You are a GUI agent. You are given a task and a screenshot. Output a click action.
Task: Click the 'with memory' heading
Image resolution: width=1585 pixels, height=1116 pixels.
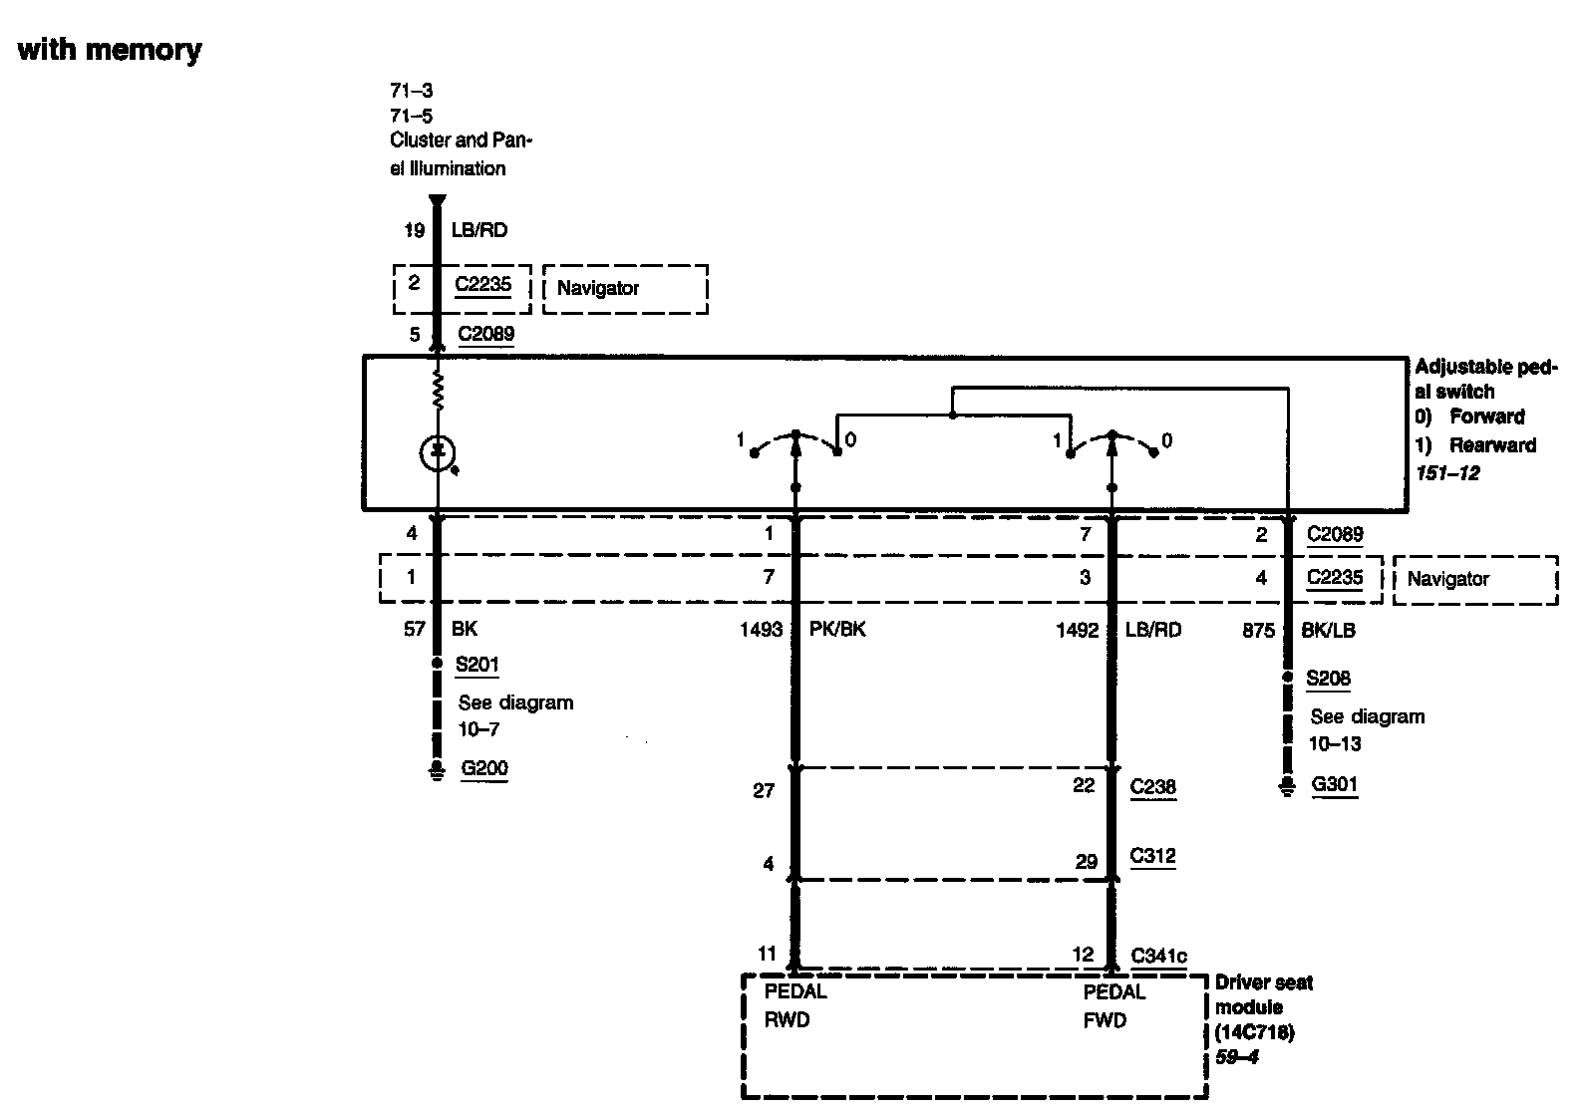point(110,50)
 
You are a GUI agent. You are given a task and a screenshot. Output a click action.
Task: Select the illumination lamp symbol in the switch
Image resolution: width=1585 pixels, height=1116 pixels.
point(437,453)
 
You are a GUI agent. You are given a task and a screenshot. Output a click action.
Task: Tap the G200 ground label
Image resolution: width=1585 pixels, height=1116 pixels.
point(483,768)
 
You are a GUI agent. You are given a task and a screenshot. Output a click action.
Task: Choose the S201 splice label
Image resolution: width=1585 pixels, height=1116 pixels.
point(476,665)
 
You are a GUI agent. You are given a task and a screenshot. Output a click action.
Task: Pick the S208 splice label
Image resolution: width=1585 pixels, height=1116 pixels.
point(1328,679)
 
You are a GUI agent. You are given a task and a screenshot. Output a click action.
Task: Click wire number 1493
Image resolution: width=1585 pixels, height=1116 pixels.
point(761,630)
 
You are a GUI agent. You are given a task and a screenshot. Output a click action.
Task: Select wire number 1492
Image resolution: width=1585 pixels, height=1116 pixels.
point(1077,630)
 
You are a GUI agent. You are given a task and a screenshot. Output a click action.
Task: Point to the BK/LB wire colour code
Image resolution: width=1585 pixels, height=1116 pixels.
point(1328,630)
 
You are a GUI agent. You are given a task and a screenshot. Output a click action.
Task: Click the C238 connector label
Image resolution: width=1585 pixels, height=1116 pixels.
point(1152,786)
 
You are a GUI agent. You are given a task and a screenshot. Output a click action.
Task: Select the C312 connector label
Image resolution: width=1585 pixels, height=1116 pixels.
point(1152,856)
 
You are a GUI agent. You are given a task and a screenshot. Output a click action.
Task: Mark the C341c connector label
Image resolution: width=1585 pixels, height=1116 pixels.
point(1158,956)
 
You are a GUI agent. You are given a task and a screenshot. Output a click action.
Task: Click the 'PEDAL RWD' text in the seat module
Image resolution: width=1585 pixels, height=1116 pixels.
point(794,1005)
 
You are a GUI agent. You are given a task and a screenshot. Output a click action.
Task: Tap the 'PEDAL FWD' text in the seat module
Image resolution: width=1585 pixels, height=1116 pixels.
point(1113,1005)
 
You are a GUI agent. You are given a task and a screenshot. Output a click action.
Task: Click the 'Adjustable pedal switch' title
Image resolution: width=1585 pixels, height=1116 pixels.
point(1484,380)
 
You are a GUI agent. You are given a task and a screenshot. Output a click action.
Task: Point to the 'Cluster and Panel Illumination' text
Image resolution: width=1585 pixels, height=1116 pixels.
point(461,154)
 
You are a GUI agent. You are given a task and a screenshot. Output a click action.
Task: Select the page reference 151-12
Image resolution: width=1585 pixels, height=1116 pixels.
point(1447,472)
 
